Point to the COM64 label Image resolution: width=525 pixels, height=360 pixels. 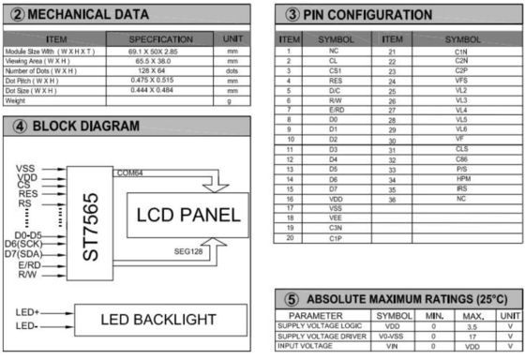point(130,172)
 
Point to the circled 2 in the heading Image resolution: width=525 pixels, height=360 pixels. point(16,13)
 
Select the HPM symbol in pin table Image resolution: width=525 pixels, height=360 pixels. point(462,178)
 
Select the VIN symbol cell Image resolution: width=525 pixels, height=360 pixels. point(394,344)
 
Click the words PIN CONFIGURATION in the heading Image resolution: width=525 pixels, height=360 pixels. point(369,15)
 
